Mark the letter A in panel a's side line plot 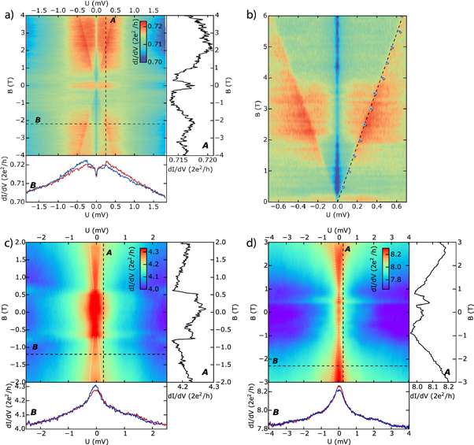pyautogui.click(x=204, y=145)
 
